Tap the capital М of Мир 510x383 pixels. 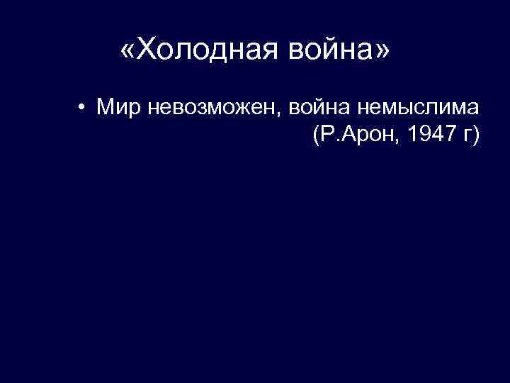[106, 109]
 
